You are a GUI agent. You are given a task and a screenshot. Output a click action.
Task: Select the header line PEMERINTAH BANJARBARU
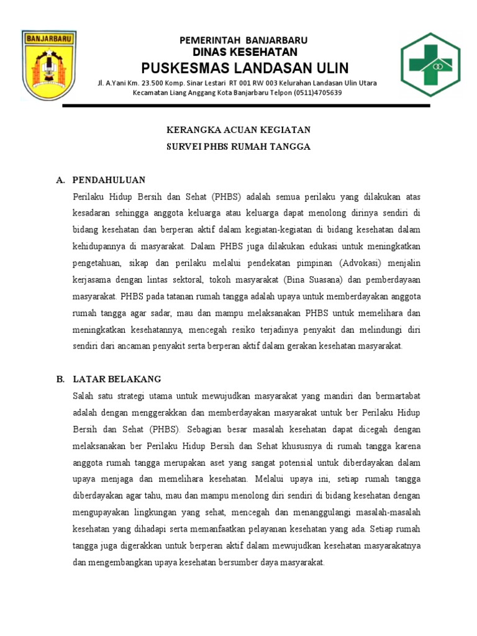243,40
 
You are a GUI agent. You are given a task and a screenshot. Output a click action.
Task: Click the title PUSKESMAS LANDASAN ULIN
245,68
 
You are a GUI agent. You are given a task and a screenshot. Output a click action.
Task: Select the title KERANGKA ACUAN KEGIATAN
238,130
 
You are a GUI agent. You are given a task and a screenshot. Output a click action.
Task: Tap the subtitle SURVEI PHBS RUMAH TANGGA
238,147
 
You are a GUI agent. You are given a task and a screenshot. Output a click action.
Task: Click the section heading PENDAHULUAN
109,180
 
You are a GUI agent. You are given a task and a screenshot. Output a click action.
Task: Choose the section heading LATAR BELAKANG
117,379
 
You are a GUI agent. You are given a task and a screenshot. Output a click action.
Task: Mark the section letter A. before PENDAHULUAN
60,180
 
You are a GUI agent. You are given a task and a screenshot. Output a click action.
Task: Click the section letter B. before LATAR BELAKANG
60,379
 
